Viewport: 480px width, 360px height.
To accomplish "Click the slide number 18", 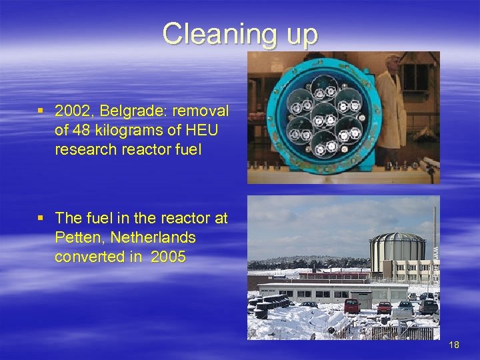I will click(x=455, y=345).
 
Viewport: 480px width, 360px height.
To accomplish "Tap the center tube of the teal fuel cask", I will click(x=324, y=115).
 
